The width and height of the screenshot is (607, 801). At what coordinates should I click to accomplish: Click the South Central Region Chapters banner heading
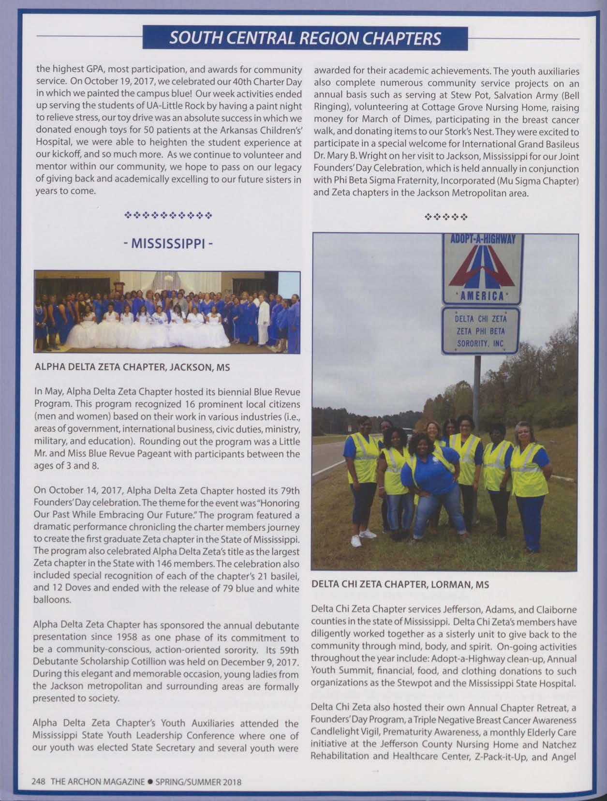pyautogui.click(x=305, y=38)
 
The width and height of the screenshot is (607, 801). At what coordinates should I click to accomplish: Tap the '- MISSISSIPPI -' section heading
pyautogui.click(x=166, y=244)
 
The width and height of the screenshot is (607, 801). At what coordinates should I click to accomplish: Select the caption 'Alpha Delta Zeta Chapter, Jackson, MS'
pyautogui.click(x=132, y=367)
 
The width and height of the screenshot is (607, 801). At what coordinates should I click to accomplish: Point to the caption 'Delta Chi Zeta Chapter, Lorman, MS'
pyautogui.click(x=400, y=584)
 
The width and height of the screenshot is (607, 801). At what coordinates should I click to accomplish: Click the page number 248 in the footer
pyautogui.click(x=38, y=782)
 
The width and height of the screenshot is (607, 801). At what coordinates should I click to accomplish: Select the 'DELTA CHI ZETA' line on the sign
pyautogui.click(x=481, y=319)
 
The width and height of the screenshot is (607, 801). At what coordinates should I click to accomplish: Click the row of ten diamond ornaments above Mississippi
pyautogui.click(x=168, y=214)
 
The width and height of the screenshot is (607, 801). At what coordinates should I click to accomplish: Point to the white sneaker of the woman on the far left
pyautogui.click(x=356, y=541)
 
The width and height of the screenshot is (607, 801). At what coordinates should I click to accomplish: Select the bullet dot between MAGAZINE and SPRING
pyautogui.click(x=150, y=782)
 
